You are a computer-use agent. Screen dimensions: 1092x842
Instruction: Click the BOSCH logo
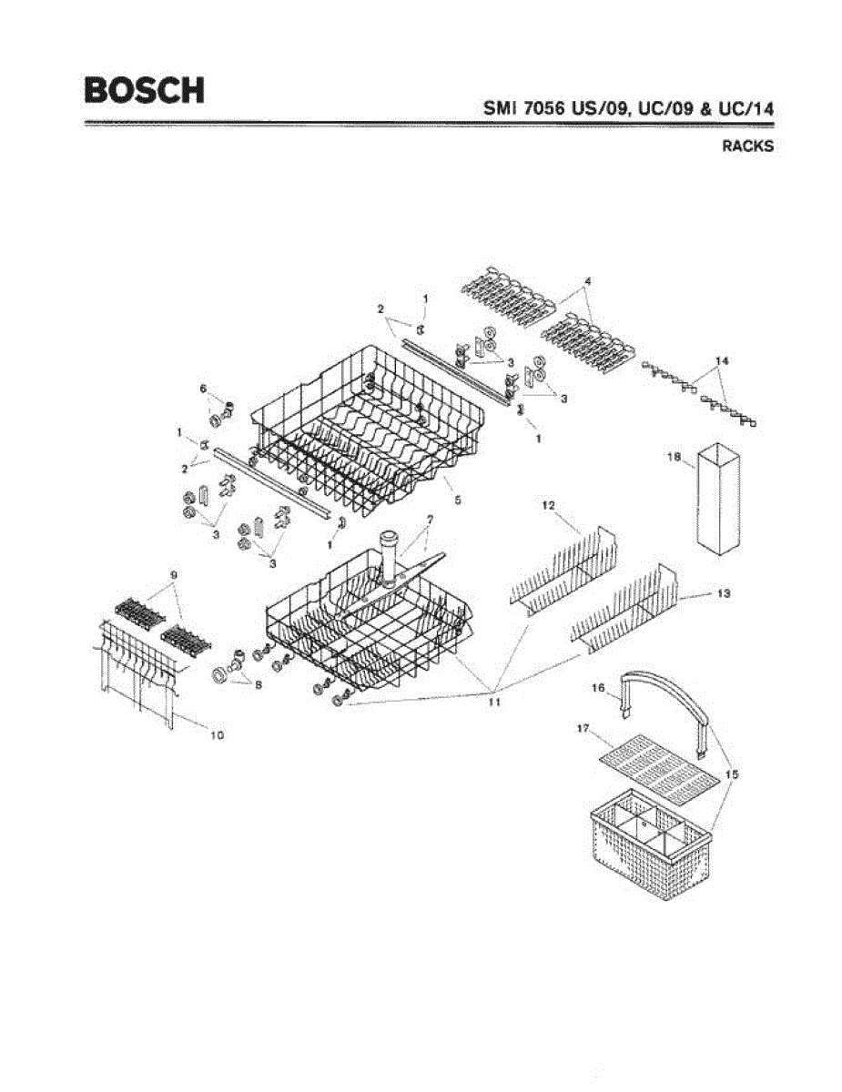(144, 89)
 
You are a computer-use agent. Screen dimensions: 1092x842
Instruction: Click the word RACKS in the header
(748, 147)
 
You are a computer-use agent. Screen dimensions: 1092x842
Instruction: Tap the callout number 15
(732, 773)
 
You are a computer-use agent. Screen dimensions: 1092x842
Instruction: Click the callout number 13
(723, 593)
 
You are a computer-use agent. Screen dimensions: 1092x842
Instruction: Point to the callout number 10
(217, 734)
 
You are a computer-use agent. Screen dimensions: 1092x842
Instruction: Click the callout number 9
(172, 574)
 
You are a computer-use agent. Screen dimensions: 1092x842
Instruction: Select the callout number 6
(204, 389)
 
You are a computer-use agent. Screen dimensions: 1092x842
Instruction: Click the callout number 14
(722, 361)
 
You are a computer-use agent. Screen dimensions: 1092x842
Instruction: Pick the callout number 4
(588, 282)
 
